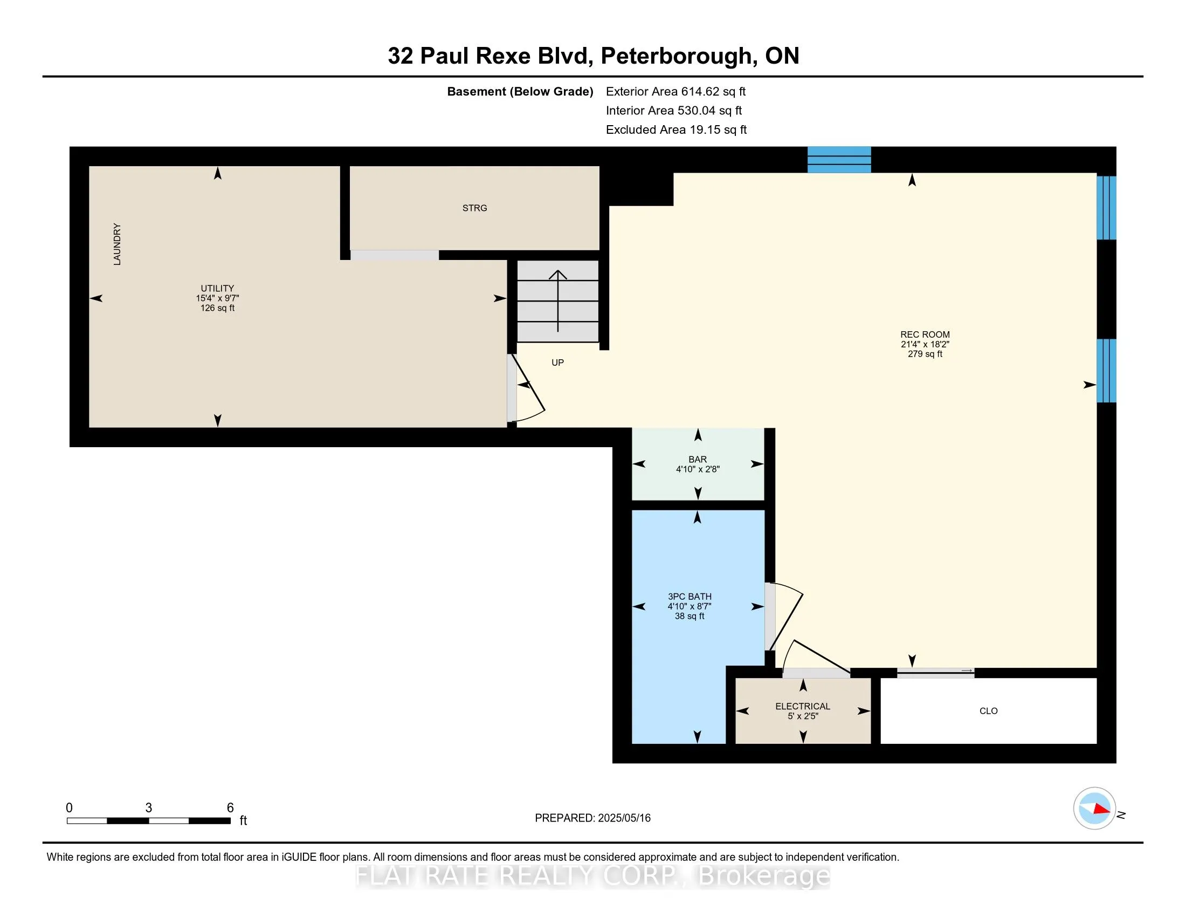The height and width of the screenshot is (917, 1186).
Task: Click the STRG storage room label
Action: pyautogui.click(x=474, y=208)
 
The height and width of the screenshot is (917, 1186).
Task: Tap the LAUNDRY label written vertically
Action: pyautogui.click(x=117, y=244)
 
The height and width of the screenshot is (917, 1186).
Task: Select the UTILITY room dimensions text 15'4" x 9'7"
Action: pyautogui.click(x=217, y=298)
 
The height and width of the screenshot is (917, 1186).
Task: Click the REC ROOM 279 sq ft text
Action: pyautogui.click(x=925, y=354)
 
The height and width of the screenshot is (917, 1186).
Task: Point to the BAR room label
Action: pyautogui.click(x=697, y=460)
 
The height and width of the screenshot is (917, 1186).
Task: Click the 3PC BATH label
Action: pyautogui.click(x=689, y=597)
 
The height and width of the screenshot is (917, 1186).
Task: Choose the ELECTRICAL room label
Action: pyautogui.click(x=802, y=706)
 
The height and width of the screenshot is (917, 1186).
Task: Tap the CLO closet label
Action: pyautogui.click(x=988, y=711)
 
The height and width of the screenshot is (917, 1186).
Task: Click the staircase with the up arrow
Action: pyautogui.click(x=558, y=301)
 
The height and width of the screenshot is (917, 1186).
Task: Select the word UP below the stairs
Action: pyautogui.click(x=558, y=363)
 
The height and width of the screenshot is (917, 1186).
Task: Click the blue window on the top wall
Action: pyautogui.click(x=839, y=160)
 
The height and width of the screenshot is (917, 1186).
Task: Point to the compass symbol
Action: pyautogui.click(x=1094, y=809)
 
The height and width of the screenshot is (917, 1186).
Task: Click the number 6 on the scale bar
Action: pyautogui.click(x=230, y=808)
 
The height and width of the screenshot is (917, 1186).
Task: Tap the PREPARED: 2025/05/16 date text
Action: pyautogui.click(x=592, y=818)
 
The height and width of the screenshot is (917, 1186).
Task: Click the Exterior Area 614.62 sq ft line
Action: pyautogui.click(x=675, y=92)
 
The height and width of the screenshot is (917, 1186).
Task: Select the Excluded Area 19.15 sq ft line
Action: pyautogui.click(x=676, y=130)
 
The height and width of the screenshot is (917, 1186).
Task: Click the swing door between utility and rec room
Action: pyautogui.click(x=527, y=388)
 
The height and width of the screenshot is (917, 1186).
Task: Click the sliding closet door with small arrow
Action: pyautogui.click(x=935, y=673)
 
